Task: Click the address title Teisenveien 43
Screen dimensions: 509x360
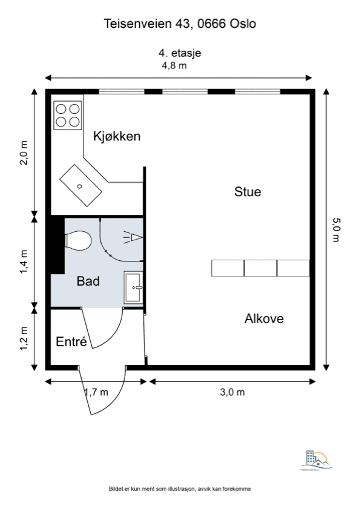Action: click(180, 24)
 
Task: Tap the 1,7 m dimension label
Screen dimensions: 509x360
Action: click(96, 392)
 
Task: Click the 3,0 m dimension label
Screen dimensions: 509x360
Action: click(232, 392)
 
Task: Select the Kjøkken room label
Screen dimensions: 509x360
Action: click(117, 136)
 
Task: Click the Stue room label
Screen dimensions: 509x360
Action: click(247, 192)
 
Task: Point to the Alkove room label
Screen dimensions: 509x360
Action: click(264, 318)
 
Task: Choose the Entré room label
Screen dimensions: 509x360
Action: click(71, 341)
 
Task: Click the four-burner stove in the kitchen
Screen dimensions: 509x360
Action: click(68, 115)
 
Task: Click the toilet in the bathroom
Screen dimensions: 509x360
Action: click(78, 240)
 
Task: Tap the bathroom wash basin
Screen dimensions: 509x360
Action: click(134, 287)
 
